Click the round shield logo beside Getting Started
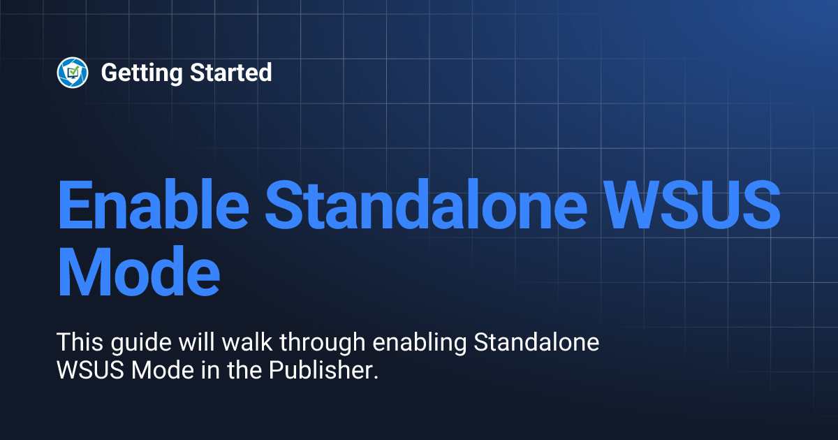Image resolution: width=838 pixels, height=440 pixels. point(73,72)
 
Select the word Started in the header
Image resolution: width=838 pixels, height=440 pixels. point(230,72)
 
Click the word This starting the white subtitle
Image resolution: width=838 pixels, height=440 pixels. point(79,344)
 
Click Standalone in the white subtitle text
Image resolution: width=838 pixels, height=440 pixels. point(536,344)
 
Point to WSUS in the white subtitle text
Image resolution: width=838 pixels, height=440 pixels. point(85,370)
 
